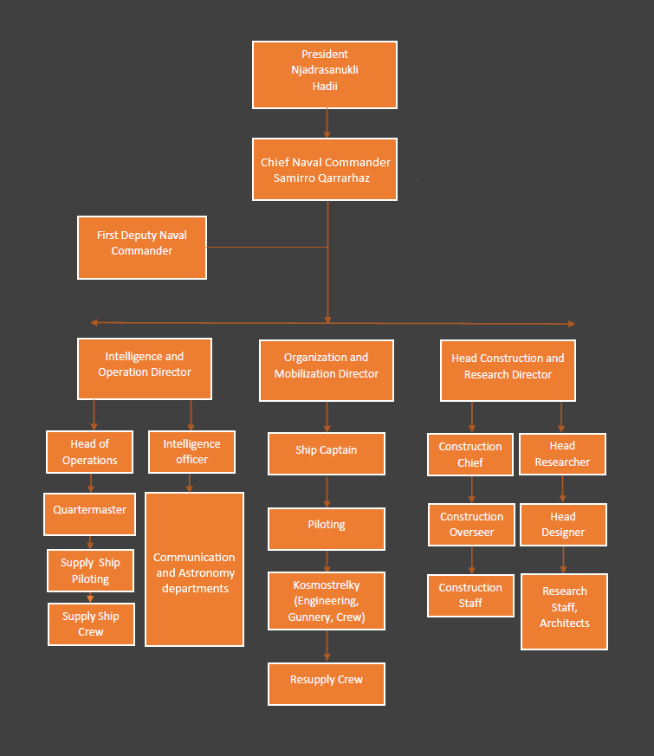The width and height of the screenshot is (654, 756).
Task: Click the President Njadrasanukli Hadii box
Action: (325, 74)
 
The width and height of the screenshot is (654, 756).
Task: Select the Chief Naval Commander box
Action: (325, 169)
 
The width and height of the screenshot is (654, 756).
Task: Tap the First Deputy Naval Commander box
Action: (142, 248)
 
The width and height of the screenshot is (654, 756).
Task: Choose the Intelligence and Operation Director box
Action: (145, 368)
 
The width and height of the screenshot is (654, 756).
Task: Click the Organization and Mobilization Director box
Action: (327, 370)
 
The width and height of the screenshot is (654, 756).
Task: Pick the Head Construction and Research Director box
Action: (508, 370)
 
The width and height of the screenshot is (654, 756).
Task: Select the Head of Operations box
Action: (90, 452)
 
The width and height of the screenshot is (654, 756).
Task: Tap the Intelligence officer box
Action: (191, 451)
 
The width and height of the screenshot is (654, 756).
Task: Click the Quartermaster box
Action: (90, 514)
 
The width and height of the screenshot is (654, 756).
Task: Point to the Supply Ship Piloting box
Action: (91, 571)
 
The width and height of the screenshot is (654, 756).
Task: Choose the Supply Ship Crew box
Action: (91, 624)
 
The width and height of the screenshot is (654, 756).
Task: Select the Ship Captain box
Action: (327, 454)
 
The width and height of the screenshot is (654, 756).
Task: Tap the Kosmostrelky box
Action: (327, 601)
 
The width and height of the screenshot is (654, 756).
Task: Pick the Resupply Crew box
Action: (327, 684)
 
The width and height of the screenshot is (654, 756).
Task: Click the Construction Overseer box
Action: (471, 525)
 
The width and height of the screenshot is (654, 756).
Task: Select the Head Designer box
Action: (563, 525)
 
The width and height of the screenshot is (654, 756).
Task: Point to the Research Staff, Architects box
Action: (565, 611)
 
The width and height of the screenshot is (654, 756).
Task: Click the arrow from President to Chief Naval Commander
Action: (327, 123)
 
